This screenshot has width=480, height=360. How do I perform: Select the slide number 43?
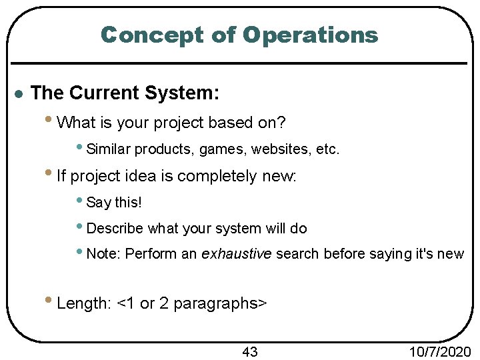click(249, 351)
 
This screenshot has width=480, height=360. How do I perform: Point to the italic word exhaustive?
click(237, 254)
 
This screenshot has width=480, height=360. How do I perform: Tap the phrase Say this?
click(114, 202)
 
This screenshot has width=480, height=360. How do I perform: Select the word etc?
click(327, 149)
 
